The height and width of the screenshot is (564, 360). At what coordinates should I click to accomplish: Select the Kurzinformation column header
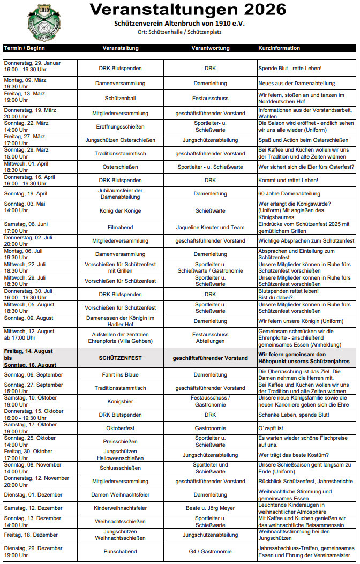click(279, 48)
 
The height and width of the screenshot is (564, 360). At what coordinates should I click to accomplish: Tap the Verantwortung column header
click(210, 48)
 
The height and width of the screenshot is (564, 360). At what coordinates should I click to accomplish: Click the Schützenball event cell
click(121, 99)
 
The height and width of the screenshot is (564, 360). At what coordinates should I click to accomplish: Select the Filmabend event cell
click(121, 227)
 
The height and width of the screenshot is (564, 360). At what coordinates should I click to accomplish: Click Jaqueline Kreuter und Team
click(210, 227)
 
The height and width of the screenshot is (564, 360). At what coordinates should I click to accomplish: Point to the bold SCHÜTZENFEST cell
click(121, 357)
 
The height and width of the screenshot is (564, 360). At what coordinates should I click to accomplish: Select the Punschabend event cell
click(121, 551)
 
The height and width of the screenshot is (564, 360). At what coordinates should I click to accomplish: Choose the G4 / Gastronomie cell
click(210, 551)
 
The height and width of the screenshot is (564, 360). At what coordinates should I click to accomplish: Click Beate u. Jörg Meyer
click(210, 507)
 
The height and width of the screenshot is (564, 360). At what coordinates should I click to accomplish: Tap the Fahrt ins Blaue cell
click(121, 374)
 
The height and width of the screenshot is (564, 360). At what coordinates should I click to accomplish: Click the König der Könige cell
click(121, 211)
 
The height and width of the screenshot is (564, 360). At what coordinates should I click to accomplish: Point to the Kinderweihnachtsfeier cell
click(121, 507)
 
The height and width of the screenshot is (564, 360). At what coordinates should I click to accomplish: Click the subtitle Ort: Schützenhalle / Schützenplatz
click(179, 32)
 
